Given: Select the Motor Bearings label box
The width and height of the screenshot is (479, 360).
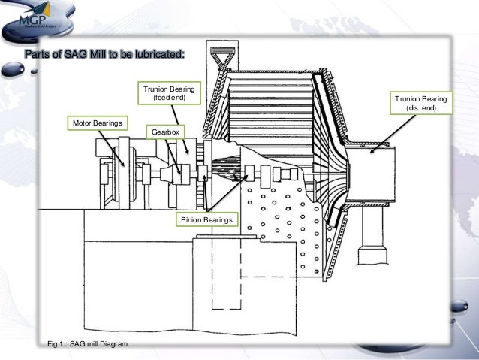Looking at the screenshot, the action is [98, 122].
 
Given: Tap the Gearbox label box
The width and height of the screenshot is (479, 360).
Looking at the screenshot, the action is [162, 132].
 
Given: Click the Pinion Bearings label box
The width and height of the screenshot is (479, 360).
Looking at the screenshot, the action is [206, 219].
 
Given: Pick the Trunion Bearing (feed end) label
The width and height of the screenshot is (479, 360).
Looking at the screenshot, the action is [168, 94].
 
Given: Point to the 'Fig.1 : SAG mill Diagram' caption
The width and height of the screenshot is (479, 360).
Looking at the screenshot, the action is [87, 343].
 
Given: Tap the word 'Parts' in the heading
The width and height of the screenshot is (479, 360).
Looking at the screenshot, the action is [38, 55].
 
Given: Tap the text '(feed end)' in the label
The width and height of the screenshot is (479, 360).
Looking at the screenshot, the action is [168, 98].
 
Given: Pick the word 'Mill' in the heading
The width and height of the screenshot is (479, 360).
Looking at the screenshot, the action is [98, 55].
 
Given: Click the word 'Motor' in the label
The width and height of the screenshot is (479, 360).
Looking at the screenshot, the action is [83, 122].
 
